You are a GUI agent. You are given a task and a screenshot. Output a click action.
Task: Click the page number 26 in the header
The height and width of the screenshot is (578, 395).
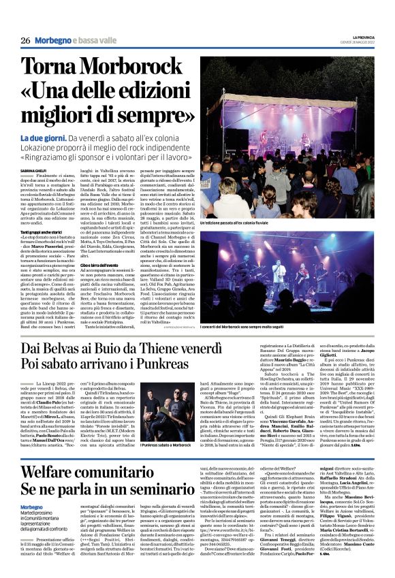(26, 41)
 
